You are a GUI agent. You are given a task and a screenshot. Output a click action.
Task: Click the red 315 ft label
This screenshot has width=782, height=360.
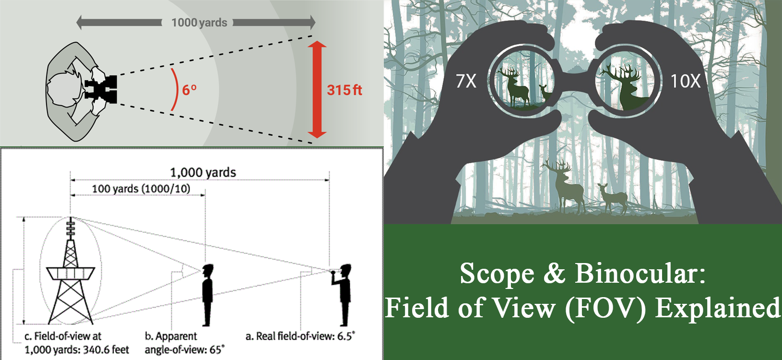(x=344, y=90)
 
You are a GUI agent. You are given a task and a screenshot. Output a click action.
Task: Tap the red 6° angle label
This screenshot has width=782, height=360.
(x=189, y=90)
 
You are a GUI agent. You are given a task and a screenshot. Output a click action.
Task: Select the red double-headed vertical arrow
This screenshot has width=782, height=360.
(x=317, y=90)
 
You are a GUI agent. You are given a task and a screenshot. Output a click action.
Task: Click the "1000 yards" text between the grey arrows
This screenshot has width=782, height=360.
(x=199, y=23)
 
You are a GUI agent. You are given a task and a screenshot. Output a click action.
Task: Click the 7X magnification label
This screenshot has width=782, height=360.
(x=466, y=81)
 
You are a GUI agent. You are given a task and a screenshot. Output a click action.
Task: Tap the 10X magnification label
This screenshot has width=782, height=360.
(x=685, y=81)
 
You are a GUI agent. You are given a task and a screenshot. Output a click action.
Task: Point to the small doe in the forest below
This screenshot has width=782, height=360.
(x=613, y=197)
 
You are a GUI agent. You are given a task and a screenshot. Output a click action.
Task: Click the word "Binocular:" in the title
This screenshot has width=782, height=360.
(x=640, y=274)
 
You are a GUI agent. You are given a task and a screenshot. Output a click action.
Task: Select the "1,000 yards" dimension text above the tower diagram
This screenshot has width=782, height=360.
(x=203, y=172)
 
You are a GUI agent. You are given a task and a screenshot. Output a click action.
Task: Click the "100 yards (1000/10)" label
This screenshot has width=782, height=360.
(x=141, y=189)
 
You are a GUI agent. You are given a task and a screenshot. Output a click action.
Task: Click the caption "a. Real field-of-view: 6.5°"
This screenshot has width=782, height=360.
(x=300, y=336)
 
